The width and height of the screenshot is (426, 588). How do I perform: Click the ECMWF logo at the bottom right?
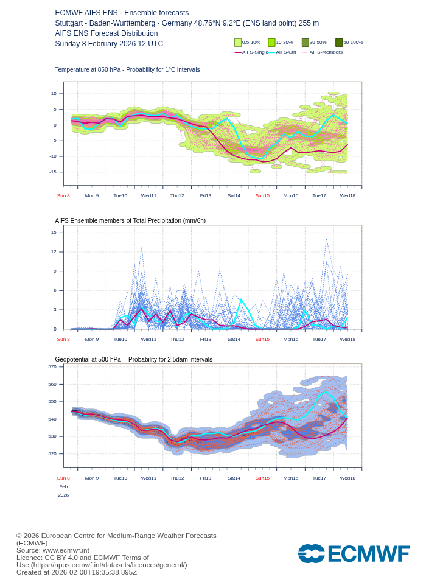[354, 554]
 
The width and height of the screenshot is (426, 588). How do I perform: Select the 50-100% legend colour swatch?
[339, 43]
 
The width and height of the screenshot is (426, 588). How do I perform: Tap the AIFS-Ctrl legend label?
[285, 52]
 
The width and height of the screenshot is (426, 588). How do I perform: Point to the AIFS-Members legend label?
[326, 52]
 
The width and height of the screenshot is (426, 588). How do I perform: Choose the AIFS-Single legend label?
[255, 52]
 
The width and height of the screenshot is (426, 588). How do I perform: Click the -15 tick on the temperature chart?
[54, 172]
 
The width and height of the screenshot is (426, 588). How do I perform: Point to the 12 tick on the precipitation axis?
[54, 251]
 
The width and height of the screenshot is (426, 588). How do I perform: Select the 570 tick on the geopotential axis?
[52, 366]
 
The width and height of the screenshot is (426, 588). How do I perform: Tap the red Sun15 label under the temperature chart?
[262, 195]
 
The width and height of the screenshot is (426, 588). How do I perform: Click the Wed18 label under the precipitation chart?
[347, 339]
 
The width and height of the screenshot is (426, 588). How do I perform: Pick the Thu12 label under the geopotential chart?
[177, 478]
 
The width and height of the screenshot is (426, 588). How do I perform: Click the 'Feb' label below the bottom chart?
[63, 486]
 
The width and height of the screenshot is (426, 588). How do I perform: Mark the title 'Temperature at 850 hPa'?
[127, 70]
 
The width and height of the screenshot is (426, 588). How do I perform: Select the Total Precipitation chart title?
[130, 220]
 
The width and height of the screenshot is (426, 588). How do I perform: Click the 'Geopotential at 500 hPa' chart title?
[133, 359]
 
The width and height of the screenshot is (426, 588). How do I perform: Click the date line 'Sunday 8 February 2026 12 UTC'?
[109, 44]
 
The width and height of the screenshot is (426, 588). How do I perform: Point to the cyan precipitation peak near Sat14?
[242, 300]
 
